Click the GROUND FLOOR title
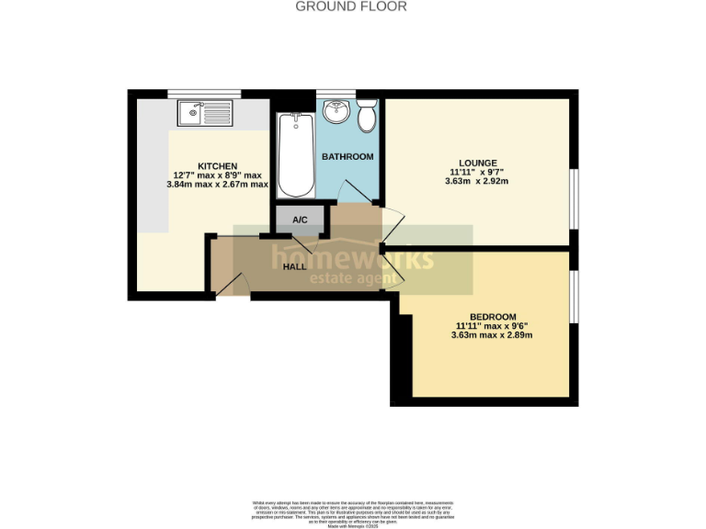[350, 6]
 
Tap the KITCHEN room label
[218, 165]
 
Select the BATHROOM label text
[347, 157]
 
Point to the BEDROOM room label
[492, 316]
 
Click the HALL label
[294, 266]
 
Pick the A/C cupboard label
[300, 220]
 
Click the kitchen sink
[206, 114]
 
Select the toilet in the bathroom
[367, 117]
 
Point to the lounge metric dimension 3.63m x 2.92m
[476, 181]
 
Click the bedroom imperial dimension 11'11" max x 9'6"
[492, 325]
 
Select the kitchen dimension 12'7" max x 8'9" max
[218, 174]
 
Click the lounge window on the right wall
[575, 198]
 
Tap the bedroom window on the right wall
[575, 297]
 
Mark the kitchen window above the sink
[204, 93]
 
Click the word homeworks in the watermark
[351, 259]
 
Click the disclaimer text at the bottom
[353, 512]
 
